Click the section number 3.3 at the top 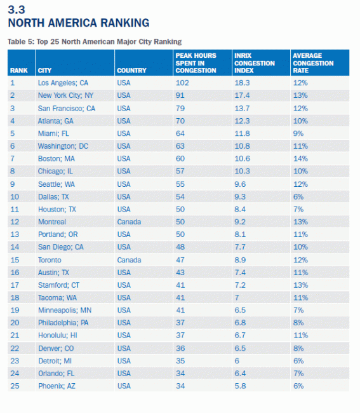(x=17, y=10)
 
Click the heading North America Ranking (x=79, y=23)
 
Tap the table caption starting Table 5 (x=95, y=41)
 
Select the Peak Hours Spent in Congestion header (x=196, y=63)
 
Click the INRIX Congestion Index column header (x=255, y=63)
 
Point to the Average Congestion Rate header (x=313, y=63)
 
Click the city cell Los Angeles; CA (x=63, y=83)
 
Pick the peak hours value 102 (x=182, y=83)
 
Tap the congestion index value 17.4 (x=243, y=95)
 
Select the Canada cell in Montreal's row (x=129, y=222)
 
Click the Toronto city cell (x=50, y=260)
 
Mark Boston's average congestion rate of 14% (x=300, y=159)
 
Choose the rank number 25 (x=15, y=386)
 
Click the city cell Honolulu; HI (x=58, y=335)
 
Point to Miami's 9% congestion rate (x=298, y=133)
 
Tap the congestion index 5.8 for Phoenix (x=240, y=386)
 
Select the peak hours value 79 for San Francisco (x=180, y=108)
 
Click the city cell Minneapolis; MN (x=65, y=310)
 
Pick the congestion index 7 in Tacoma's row (x=237, y=297)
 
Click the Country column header (x=131, y=71)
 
